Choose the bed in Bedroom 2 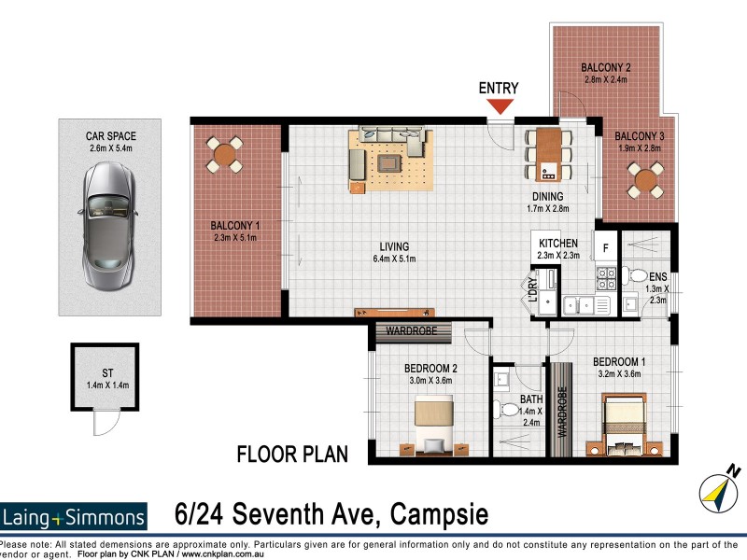431,421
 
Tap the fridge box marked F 606,248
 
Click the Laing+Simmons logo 75,516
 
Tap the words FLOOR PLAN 292,455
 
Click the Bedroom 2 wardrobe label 413,330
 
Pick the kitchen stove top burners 605,277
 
